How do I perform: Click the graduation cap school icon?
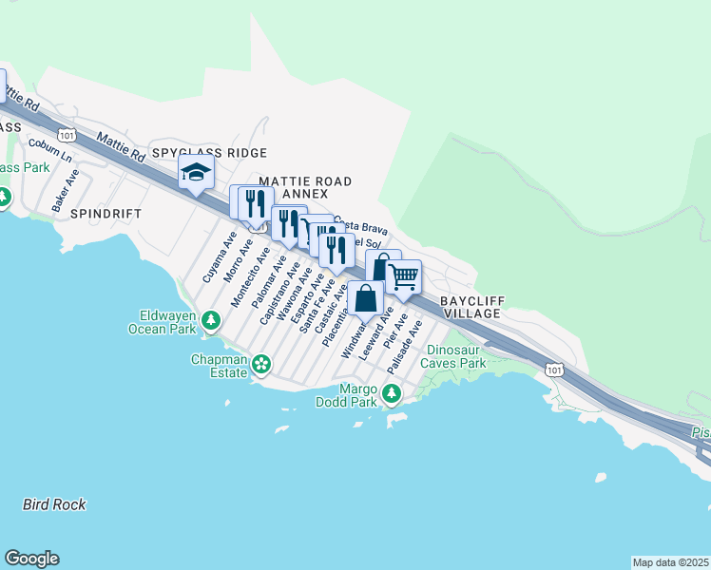coord(196,173)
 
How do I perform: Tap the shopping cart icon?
coord(404,277)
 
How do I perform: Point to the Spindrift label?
coord(106,215)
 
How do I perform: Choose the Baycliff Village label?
coord(472,307)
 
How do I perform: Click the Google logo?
coord(31,559)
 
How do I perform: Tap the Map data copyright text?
coord(669,562)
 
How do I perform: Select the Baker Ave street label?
coord(66,191)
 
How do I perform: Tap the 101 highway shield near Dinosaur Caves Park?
coord(555,369)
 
